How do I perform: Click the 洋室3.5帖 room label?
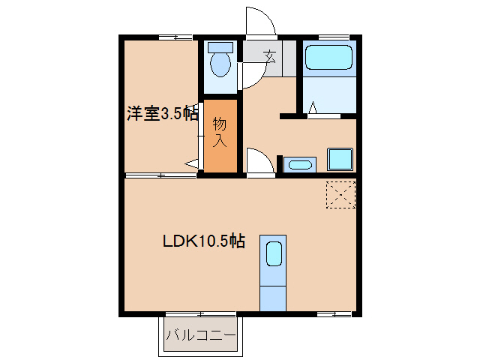click(x=162, y=114)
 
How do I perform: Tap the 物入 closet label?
click(x=220, y=132)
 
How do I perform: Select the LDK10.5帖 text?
click(x=203, y=241)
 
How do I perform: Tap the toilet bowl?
click(x=220, y=65)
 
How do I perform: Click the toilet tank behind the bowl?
click(x=220, y=46)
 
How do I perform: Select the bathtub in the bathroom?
click(x=329, y=58)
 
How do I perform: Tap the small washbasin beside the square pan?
click(x=301, y=164)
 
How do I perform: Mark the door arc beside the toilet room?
click(x=250, y=75)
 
